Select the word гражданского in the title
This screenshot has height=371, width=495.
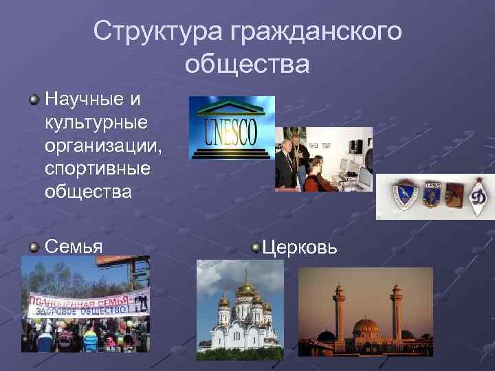click(316, 30)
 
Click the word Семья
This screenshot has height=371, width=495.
click(74, 247)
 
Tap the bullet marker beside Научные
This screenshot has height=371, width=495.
click(34, 101)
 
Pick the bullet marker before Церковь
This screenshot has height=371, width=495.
click(256, 247)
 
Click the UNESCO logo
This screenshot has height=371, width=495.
click(232, 128)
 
